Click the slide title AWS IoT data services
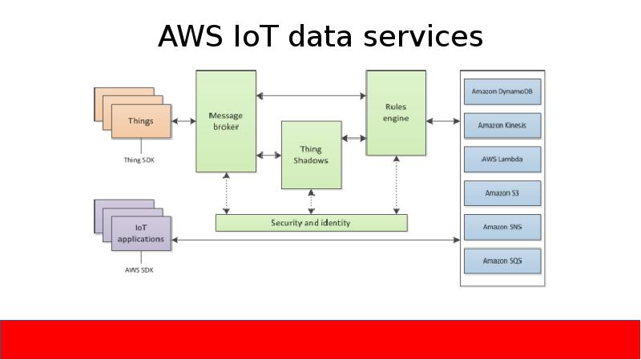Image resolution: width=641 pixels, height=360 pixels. [320, 37]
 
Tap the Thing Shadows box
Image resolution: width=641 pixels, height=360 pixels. [311, 155]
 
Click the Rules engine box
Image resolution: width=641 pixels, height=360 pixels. [396, 112]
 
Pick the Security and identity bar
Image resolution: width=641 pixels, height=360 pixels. [311, 223]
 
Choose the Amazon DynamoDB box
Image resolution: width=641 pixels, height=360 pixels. [502, 92]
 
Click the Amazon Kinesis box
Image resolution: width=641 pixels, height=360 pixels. [502, 125]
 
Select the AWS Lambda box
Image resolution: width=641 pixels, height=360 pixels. [502, 160]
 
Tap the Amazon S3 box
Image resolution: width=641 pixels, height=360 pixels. [502, 193]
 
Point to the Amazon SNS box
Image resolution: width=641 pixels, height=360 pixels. [502, 227]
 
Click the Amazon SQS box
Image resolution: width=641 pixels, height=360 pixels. [502, 261]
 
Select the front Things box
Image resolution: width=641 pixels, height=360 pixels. [140, 122]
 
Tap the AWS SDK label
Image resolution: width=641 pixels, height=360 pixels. [139, 270]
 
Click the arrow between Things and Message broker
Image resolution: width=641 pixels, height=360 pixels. [183, 122]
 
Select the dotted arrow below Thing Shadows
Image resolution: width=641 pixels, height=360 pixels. [311, 202]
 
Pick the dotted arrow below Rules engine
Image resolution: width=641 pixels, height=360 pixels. [396, 184]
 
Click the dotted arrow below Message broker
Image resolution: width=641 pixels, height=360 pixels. [227, 193]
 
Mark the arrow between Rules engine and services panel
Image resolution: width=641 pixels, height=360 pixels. [443, 122]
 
